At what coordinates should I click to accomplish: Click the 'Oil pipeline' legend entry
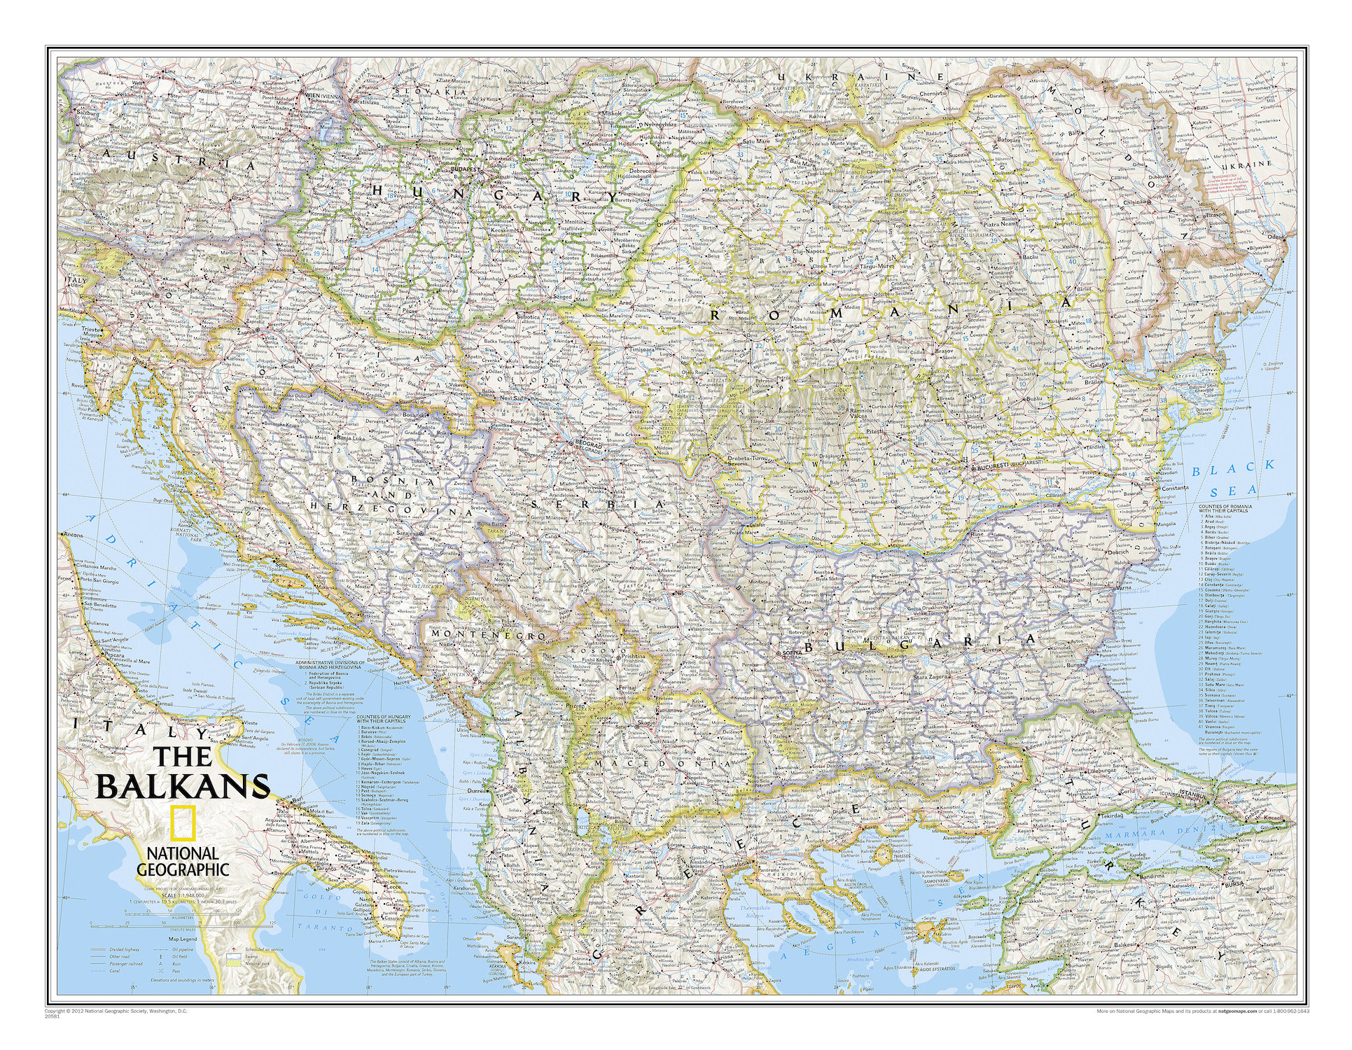tap(183, 950)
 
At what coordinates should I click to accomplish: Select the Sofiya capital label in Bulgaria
tap(792, 653)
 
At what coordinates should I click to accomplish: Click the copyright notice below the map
tap(116, 1011)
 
